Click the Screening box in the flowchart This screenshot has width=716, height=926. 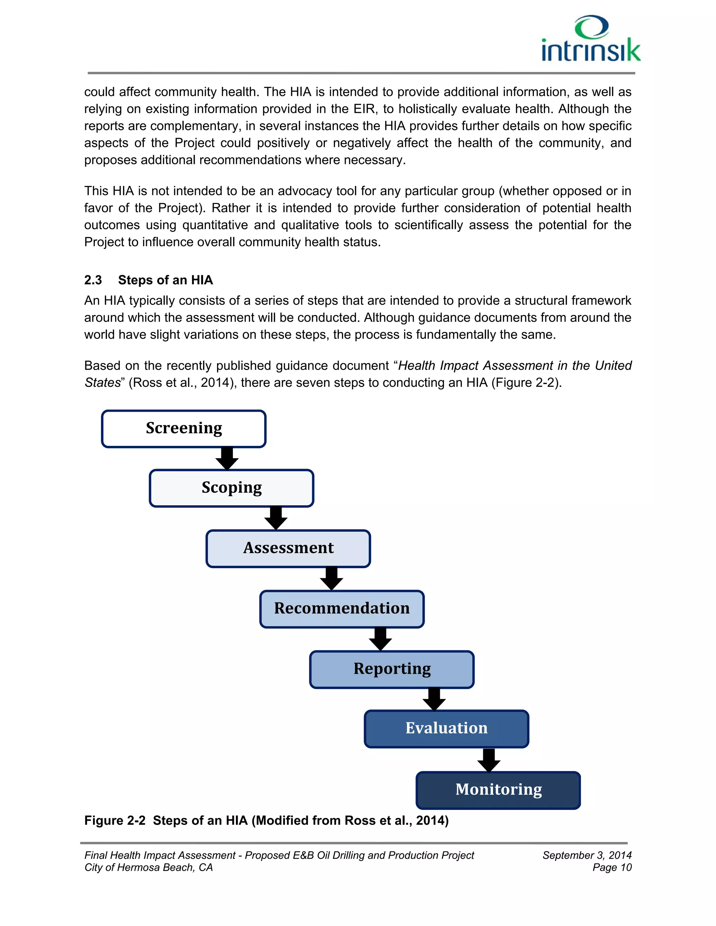(184, 429)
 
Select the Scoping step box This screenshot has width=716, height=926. (231, 488)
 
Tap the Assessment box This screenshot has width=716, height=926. (288, 548)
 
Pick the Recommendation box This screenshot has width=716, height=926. (342, 609)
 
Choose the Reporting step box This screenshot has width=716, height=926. (392, 669)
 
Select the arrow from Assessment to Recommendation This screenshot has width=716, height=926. (331, 578)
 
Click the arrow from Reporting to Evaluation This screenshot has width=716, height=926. (434, 699)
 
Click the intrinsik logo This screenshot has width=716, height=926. (590, 39)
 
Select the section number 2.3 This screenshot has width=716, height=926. (93, 280)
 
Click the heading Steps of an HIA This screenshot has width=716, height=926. (165, 280)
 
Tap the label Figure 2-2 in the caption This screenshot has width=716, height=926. (115, 820)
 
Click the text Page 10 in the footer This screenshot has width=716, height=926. (612, 868)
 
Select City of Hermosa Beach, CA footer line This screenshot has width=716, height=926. (149, 868)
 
